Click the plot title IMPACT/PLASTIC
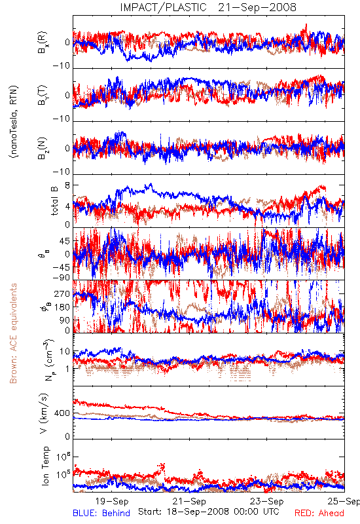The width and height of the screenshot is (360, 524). tap(163, 7)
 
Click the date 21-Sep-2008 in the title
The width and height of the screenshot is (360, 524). tap(257, 7)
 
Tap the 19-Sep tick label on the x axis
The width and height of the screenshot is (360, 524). tap(112, 501)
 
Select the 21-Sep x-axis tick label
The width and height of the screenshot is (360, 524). tap(190, 501)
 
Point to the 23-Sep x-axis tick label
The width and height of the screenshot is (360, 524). tap(267, 501)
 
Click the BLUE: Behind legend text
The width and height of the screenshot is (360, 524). tap(101, 513)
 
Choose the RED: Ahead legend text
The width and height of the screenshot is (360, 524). tap(319, 513)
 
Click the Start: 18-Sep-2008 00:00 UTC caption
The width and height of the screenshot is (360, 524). tap(209, 512)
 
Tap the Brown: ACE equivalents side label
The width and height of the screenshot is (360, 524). tap(13, 333)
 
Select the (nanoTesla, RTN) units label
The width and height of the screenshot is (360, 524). tap(14, 122)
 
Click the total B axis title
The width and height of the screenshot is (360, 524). tap(54, 201)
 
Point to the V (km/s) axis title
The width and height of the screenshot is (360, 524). tap(44, 413)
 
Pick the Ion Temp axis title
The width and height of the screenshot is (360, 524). tap(45, 466)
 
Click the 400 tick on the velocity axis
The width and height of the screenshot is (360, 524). tap(62, 413)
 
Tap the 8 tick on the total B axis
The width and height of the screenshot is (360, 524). tap(67, 185)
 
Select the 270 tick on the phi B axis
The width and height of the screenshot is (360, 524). tap(62, 294)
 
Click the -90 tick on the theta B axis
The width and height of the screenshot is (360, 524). tap(62, 278)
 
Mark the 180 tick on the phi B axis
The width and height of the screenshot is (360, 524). tap(62, 307)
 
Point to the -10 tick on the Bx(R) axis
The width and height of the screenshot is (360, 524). tap(62, 66)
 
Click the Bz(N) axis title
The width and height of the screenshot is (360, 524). tap(42, 148)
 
